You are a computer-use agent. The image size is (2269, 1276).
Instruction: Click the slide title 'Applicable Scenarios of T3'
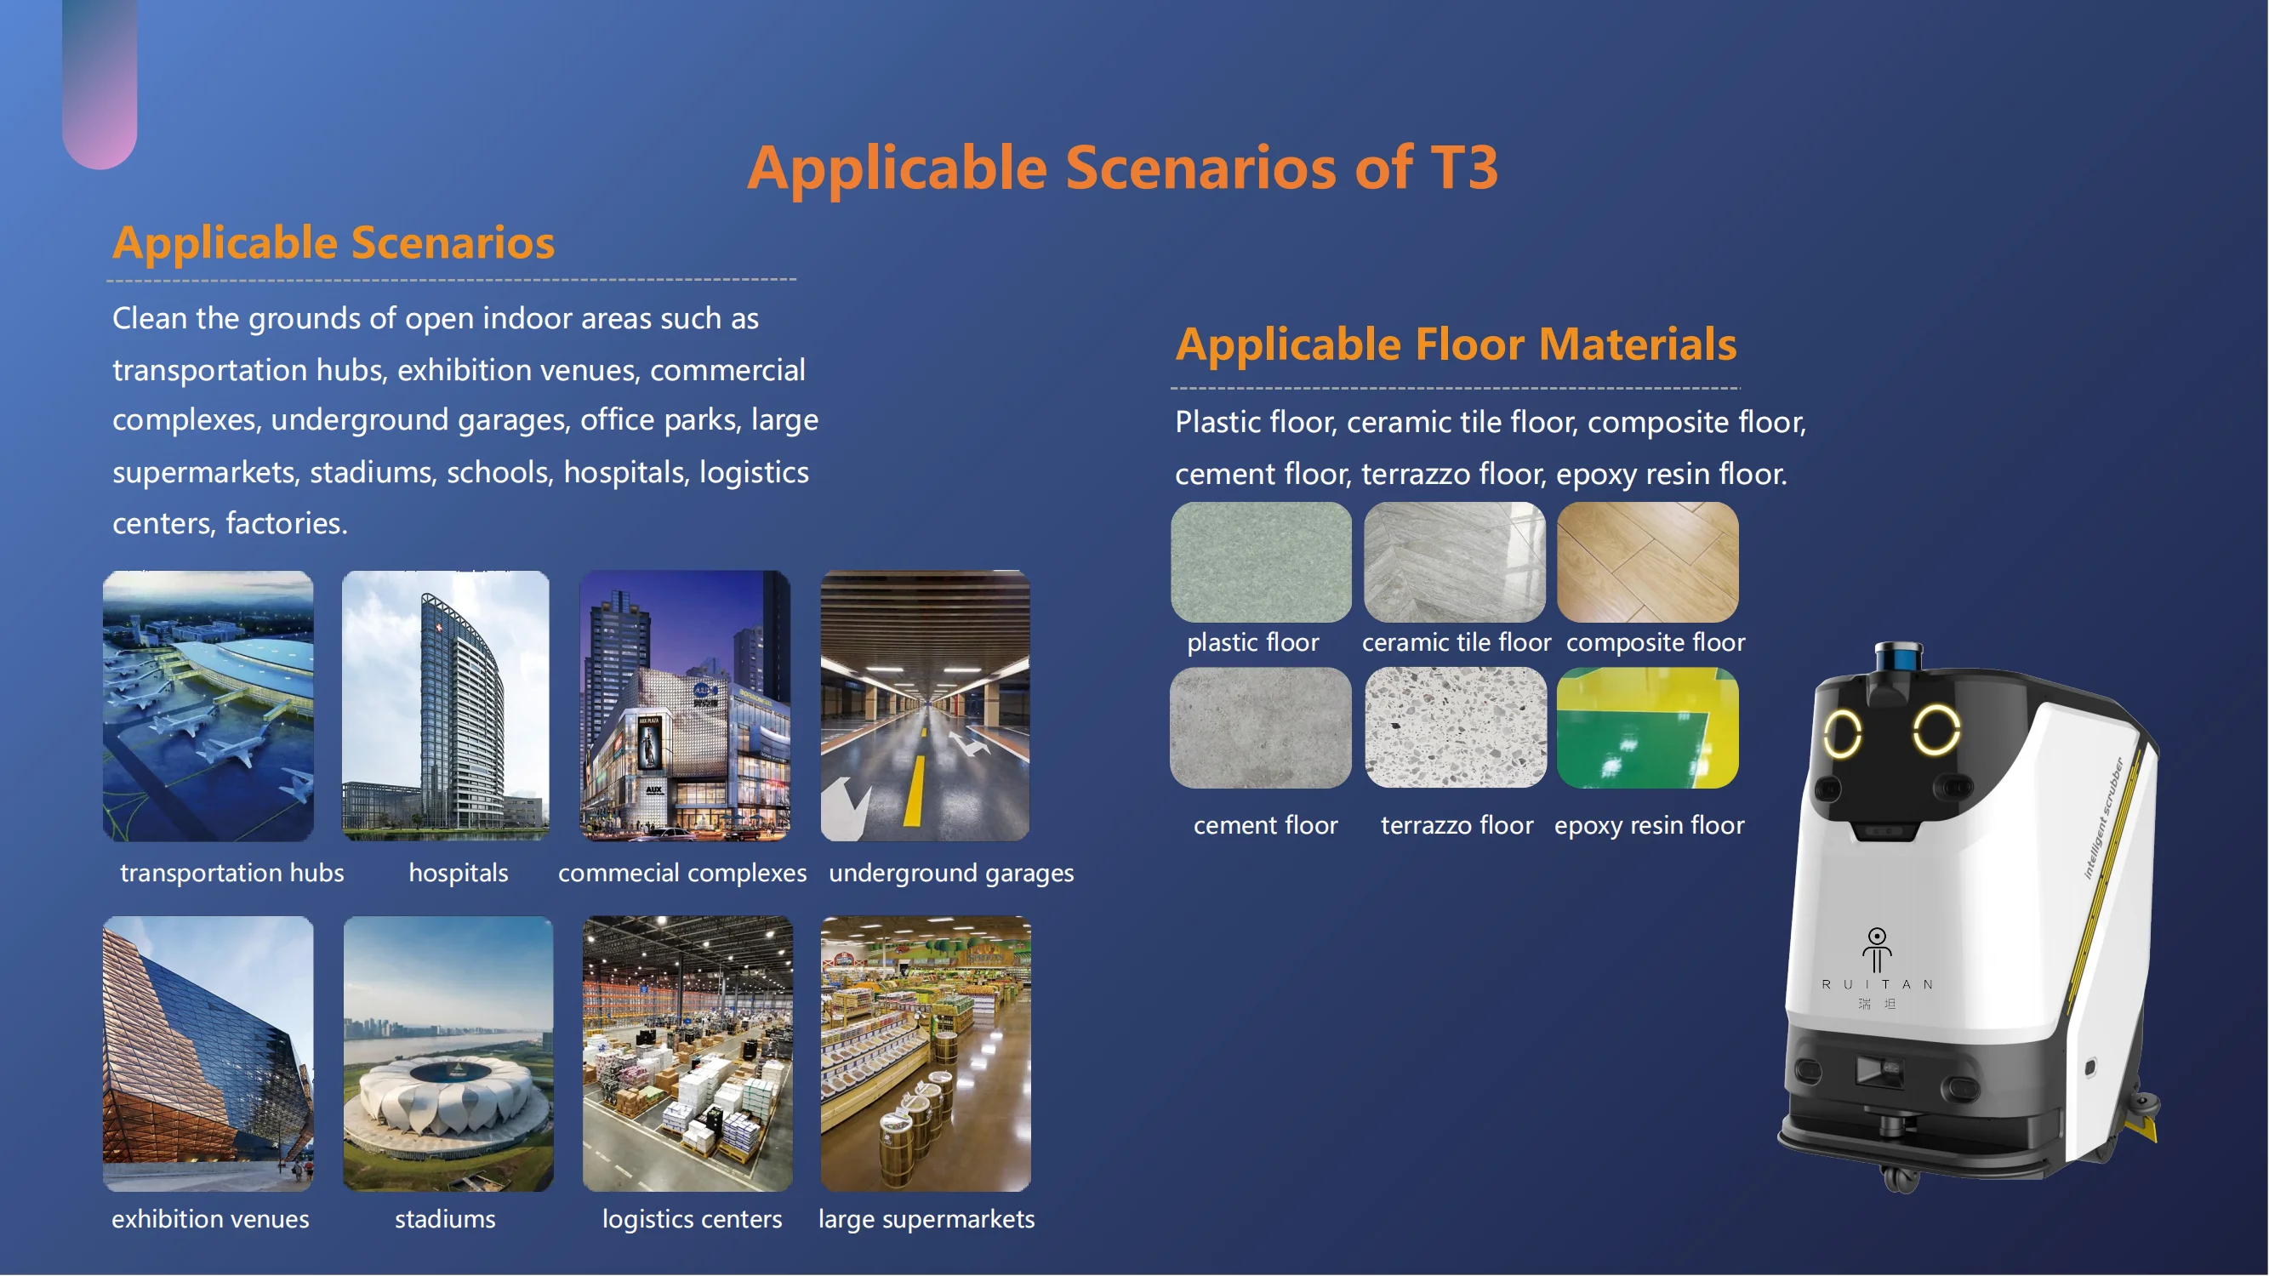(x=1122, y=168)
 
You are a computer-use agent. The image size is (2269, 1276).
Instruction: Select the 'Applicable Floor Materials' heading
(x=1455, y=344)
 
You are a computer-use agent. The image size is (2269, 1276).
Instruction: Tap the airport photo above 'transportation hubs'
(x=208, y=705)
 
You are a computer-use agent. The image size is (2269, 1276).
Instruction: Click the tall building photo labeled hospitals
(x=446, y=705)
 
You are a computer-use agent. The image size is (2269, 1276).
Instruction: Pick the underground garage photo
(x=925, y=705)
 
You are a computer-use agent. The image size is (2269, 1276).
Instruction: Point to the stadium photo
(x=448, y=1053)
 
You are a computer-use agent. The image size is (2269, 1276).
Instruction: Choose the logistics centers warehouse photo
(x=687, y=1053)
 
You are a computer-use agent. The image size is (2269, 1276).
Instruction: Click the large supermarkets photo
(x=926, y=1053)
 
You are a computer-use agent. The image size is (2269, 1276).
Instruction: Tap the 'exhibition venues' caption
(x=210, y=1219)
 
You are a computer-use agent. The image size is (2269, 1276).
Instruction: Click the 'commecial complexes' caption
(x=681, y=873)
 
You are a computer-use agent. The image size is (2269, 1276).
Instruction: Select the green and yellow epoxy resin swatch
(x=1647, y=727)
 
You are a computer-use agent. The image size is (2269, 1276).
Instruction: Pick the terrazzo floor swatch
(x=1455, y=727)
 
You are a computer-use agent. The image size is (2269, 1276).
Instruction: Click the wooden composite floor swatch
(x=1647, y=561)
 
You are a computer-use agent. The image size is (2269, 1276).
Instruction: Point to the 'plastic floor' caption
(x=1252, y=642)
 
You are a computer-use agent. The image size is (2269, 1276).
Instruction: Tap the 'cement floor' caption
(x=1265, y=825)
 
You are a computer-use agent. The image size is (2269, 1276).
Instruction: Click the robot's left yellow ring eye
(x=1842, y=732)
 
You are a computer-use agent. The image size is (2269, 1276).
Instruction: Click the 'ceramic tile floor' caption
(x=1456, y=642)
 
